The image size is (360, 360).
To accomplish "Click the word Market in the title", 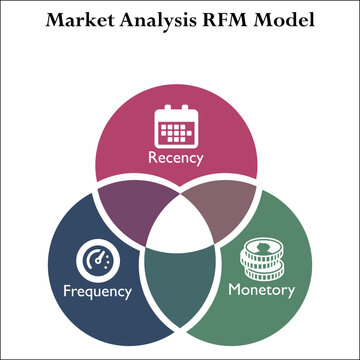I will tap(70, 20).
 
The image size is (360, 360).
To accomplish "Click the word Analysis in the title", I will tap(145, 20).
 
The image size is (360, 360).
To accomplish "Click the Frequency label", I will tap(96, 292).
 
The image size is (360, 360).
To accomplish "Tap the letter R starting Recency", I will tap(152, 158).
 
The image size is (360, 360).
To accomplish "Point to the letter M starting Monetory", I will tap(234, 291).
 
